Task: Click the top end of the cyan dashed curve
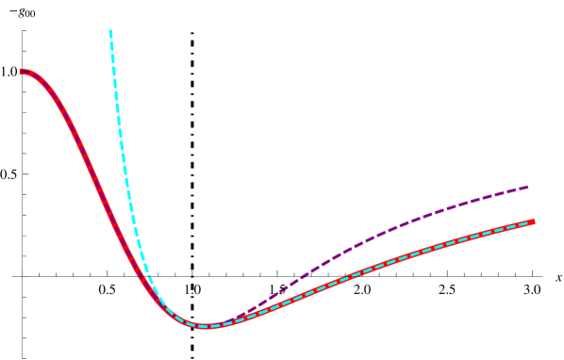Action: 110,32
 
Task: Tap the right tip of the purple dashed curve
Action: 526,188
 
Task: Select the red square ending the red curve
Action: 532,221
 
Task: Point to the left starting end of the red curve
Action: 22,72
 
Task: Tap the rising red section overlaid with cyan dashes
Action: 377,267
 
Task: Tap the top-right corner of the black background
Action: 561,3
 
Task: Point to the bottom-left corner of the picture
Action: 2,357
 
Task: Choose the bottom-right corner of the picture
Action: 561,357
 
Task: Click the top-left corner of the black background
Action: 2,2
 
